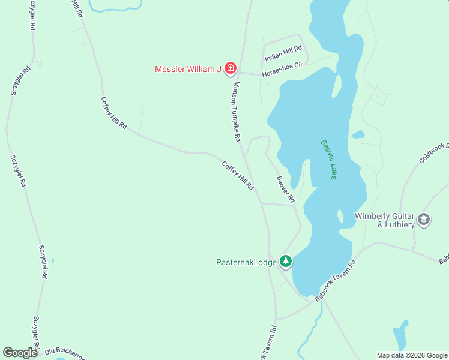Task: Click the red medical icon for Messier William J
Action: coord(231,69)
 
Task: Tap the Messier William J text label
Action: coord(188,69)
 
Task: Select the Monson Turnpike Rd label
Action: coord(237,112)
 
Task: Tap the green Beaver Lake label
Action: coord(328,160)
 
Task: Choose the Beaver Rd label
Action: coord(286,188)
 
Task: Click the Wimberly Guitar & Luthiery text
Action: coord(385,220)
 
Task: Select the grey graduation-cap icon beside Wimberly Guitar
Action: coord(424,220)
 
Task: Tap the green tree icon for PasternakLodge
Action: coord(287,262)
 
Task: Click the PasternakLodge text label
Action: coord(247,262)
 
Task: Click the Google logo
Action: coord(20,353)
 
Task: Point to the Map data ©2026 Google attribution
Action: coord(412,355)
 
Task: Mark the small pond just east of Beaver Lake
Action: coord(358,134)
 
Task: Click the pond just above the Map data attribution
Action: coord(400,338)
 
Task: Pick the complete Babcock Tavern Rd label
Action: coord(336,280)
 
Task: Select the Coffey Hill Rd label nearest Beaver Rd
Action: coord(238,176)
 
